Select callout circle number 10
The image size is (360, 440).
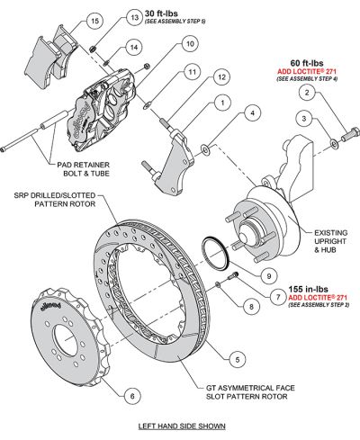(188, 42)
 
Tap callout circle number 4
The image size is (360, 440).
(255, 113)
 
